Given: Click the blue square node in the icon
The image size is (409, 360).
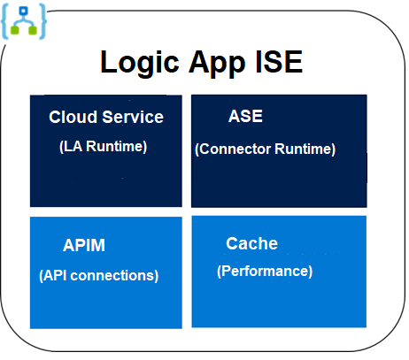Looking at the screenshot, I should (25, 9).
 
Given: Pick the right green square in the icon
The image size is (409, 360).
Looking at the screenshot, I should (34, 29).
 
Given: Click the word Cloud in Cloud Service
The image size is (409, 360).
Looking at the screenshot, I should (72, 118).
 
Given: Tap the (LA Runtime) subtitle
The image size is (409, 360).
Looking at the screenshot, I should (103, 146).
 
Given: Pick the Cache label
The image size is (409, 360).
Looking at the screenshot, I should (251, 243).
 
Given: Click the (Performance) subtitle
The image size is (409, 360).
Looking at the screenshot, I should (265, 272).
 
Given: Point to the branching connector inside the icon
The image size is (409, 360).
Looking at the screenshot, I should (25, 20).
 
